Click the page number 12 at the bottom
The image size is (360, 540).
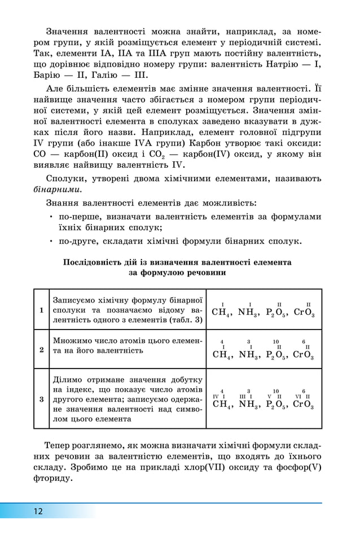coord(37,512)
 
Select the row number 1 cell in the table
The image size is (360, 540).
coord(42,310)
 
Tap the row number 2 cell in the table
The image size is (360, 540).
coord(42,350)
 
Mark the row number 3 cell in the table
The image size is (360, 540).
coord(42,399)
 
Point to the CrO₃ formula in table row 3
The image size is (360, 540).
coord(304,405)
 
